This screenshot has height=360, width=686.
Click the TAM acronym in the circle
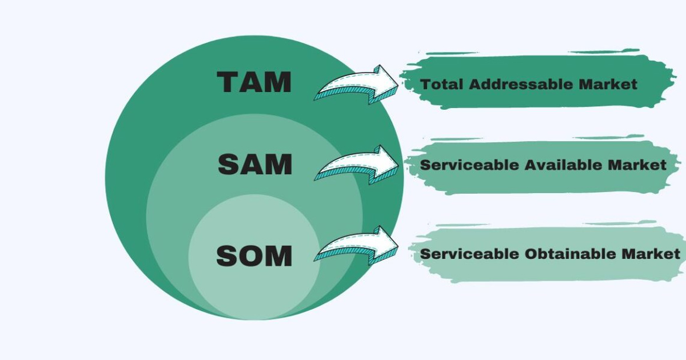coord(254,82)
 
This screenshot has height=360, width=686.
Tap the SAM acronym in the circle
coord(255,165)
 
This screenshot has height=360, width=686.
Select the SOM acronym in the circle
coord(254,255)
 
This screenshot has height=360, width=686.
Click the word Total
coord(442,85)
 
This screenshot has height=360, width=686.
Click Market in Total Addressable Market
coord(608,85)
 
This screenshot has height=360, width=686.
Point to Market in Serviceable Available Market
coord(637,165)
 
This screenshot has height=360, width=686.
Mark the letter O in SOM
coord(254,255)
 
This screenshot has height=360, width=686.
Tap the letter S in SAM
coord(229,165)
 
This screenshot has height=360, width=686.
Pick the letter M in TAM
coord(278,82)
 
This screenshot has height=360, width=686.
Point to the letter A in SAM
coord(253,165)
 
